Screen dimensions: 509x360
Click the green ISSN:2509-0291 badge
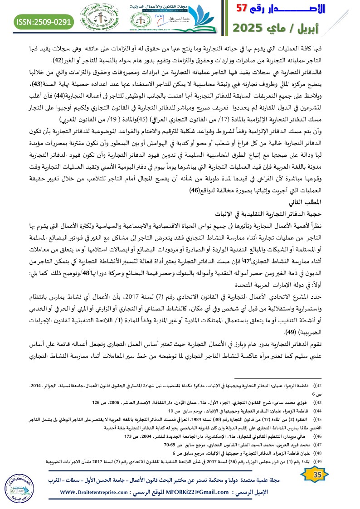coord(44,21)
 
